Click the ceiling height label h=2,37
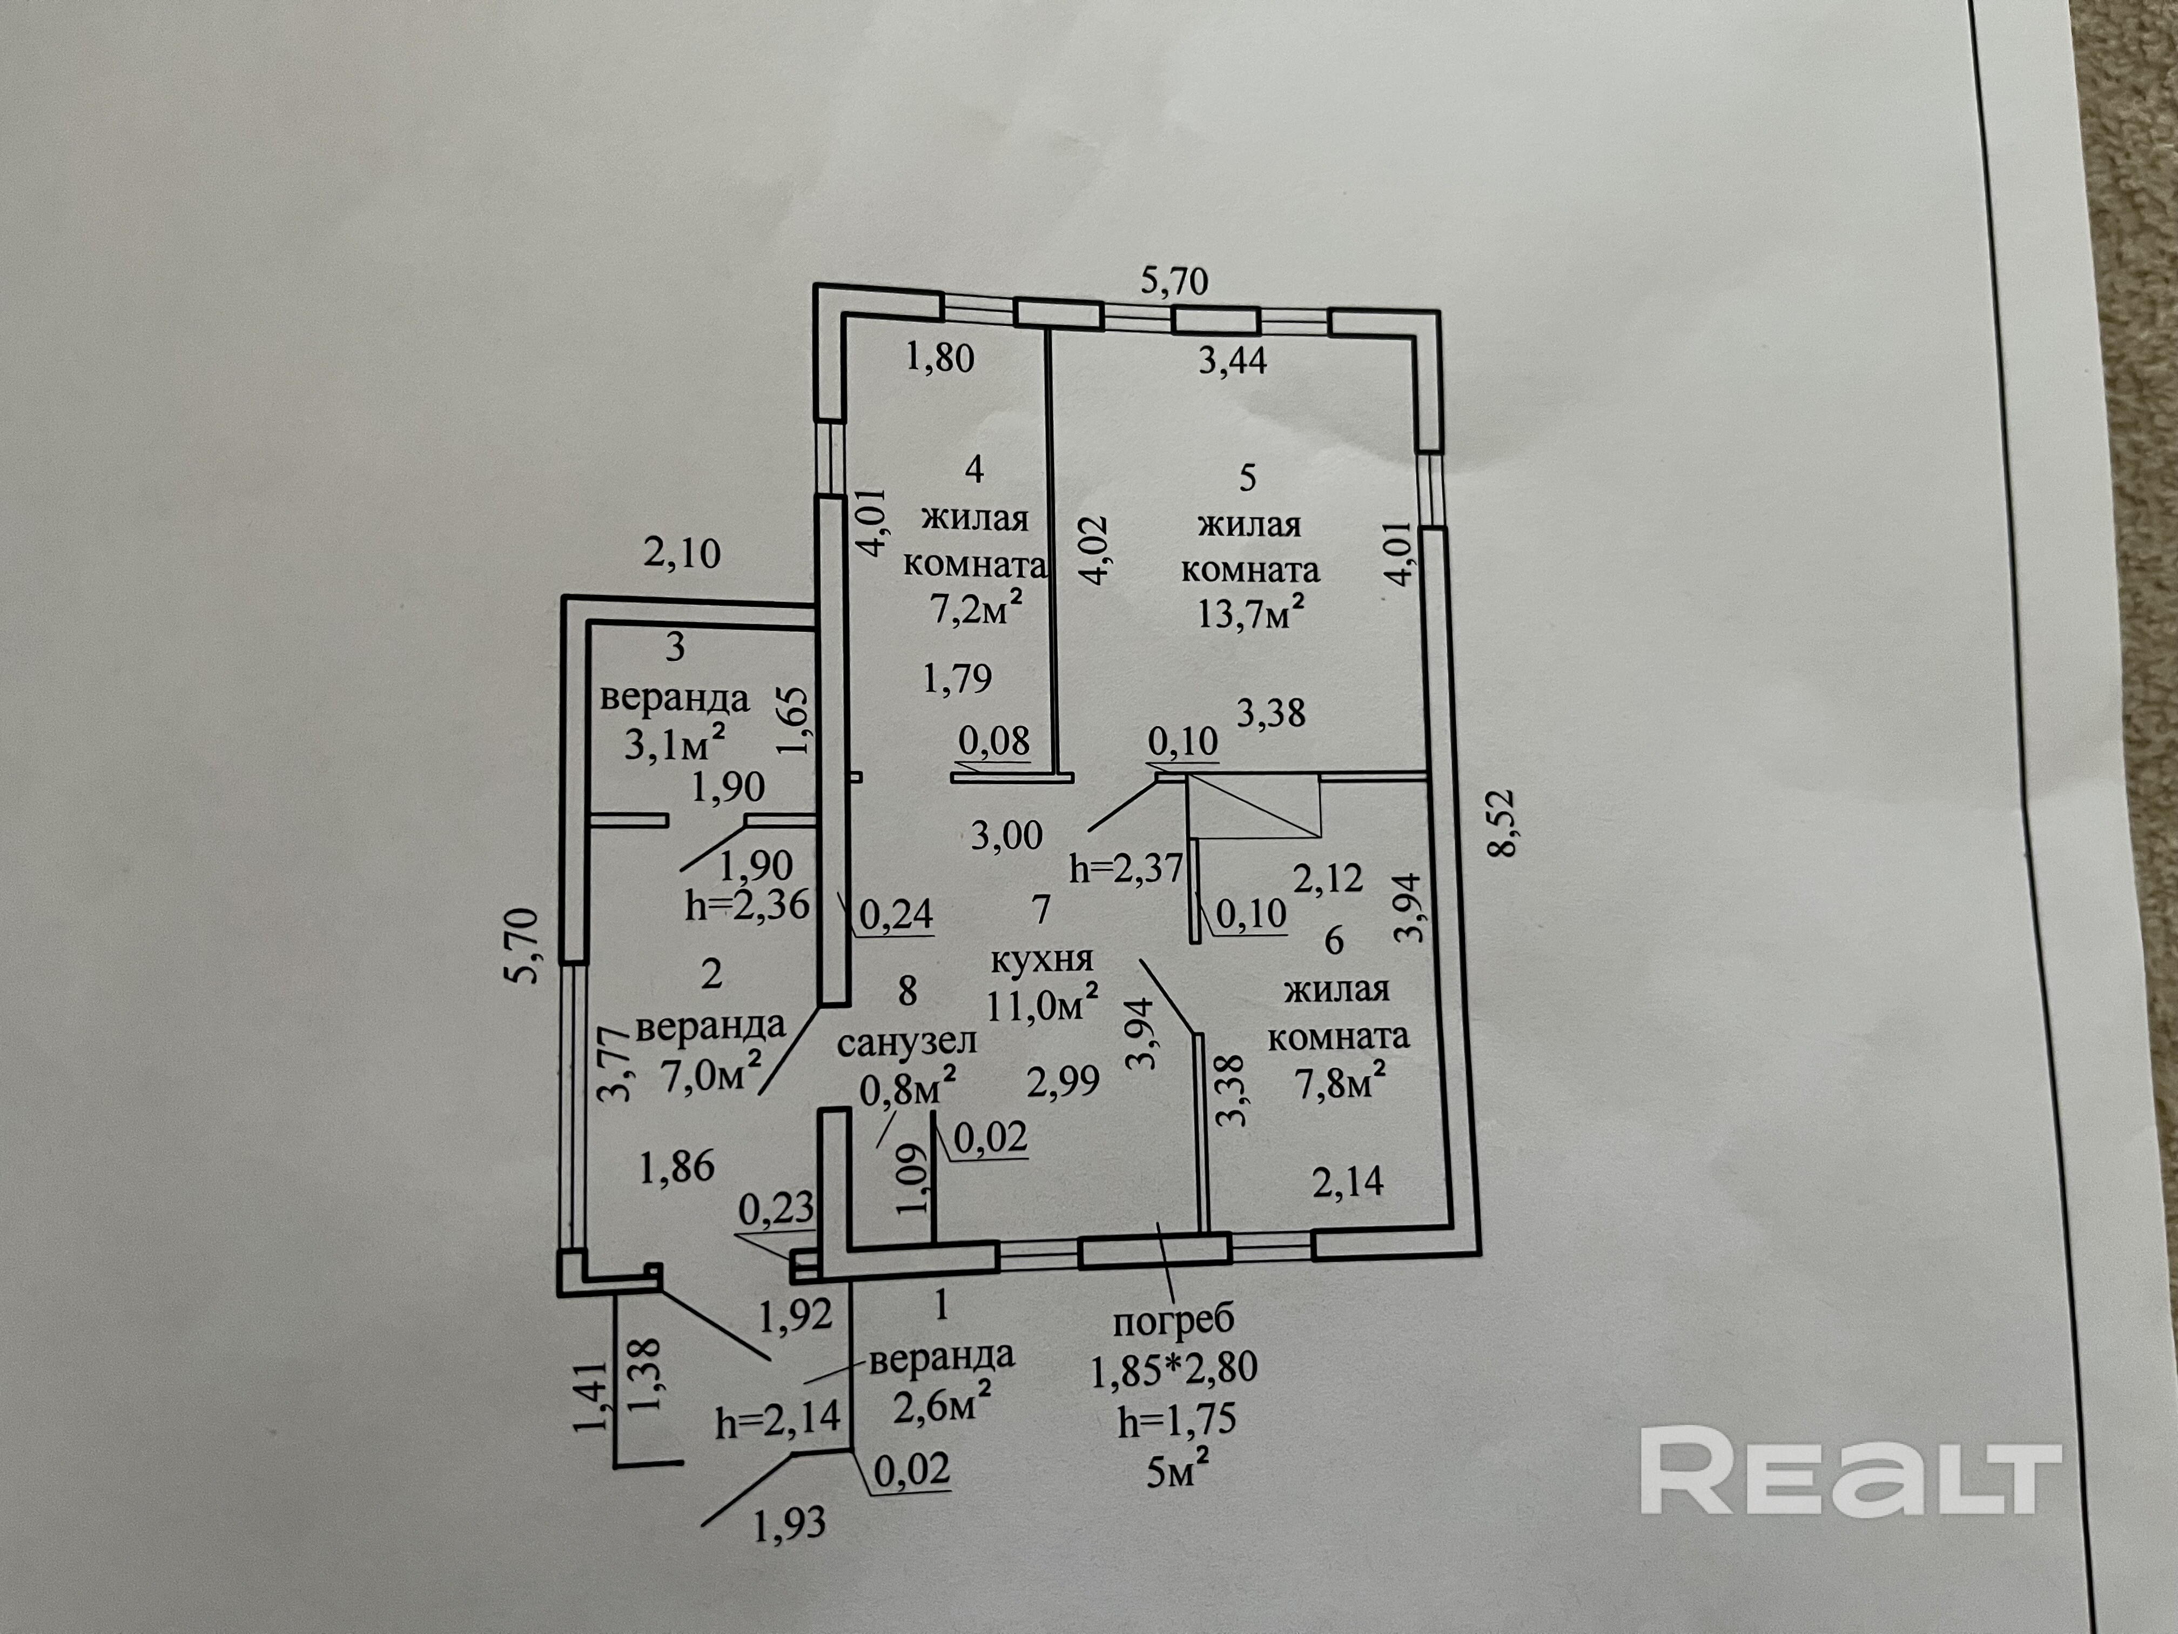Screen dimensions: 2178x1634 coord(1125,870)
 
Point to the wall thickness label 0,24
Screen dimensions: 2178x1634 coord(896,914)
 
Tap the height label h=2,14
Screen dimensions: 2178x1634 coord(778,1419)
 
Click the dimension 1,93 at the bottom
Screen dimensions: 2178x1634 coord(789,1525)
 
